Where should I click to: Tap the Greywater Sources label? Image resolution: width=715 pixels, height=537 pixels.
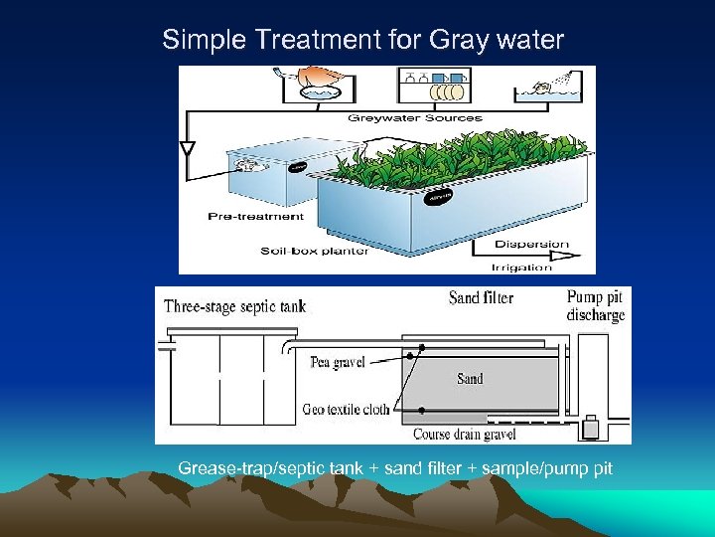415,118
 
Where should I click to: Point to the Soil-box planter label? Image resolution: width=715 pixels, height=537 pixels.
315,251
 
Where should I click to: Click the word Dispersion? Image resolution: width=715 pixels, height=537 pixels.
531,245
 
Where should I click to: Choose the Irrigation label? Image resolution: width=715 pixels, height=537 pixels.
521,267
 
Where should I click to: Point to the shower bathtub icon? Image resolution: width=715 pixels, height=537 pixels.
552,90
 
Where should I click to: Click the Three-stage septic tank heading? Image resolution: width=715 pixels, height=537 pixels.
235,306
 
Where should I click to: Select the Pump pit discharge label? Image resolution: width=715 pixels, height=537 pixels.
596,306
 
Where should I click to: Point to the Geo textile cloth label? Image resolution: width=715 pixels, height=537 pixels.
347,410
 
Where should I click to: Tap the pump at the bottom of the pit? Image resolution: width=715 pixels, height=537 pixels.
594,426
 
